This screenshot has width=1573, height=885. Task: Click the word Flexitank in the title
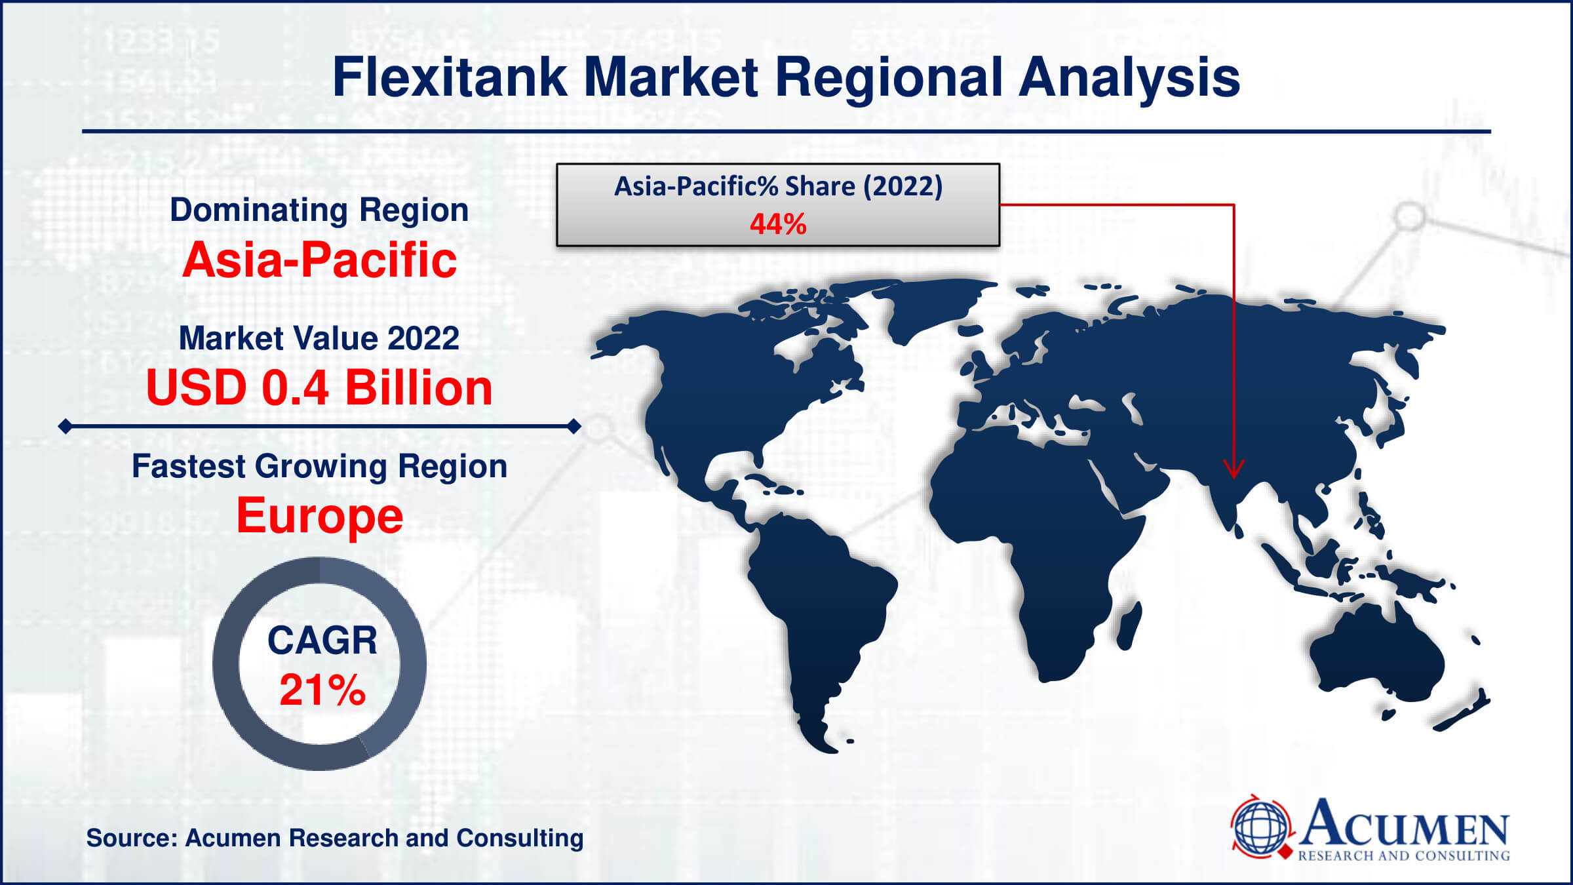point(450,77)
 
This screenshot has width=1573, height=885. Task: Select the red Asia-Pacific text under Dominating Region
point(319,260)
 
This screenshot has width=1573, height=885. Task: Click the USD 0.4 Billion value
point(319,388)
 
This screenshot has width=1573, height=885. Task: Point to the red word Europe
point(319,516)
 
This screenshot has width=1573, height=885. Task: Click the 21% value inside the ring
point(322,690)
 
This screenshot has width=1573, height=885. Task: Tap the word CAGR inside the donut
point(322,640)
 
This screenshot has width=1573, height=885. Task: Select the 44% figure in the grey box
point(778,224)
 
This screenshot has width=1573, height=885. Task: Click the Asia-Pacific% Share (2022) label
point(778,187)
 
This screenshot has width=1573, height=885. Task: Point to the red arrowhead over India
point(1234,468)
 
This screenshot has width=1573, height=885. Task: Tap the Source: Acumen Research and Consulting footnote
point(335,838)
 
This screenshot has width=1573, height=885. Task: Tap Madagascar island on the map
point(1129,626)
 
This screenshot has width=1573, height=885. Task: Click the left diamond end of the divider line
point(66,427)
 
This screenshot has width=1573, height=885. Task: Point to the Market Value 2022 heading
point(319,339)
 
